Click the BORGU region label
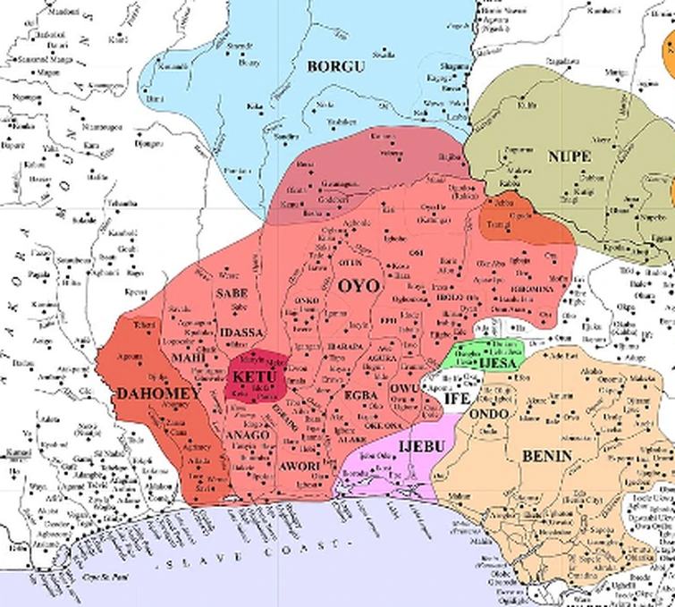coord(332,66)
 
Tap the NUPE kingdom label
coord(569,156)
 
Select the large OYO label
coord(359,287)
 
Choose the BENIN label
coord(540,456)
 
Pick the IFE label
coord(457,400)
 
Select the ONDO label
coord(488,415)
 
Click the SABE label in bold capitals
coord(232,292)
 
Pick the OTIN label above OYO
coord(349,262)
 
